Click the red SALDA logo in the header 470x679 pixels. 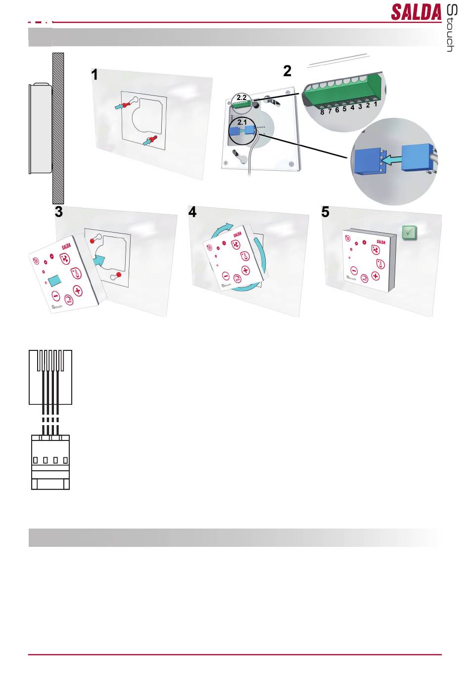416,12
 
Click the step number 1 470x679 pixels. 94,75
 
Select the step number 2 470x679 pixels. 287,71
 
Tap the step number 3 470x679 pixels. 59,212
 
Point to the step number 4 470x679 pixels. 192,212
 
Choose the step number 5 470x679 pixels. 325,212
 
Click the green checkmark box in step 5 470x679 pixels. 409,232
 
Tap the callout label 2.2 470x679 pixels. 241,97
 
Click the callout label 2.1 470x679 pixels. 242,121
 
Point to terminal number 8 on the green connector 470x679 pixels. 322,112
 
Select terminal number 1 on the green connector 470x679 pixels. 376,104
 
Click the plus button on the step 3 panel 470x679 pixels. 78,291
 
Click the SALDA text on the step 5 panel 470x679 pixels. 380,242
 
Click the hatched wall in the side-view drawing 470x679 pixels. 58,129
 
